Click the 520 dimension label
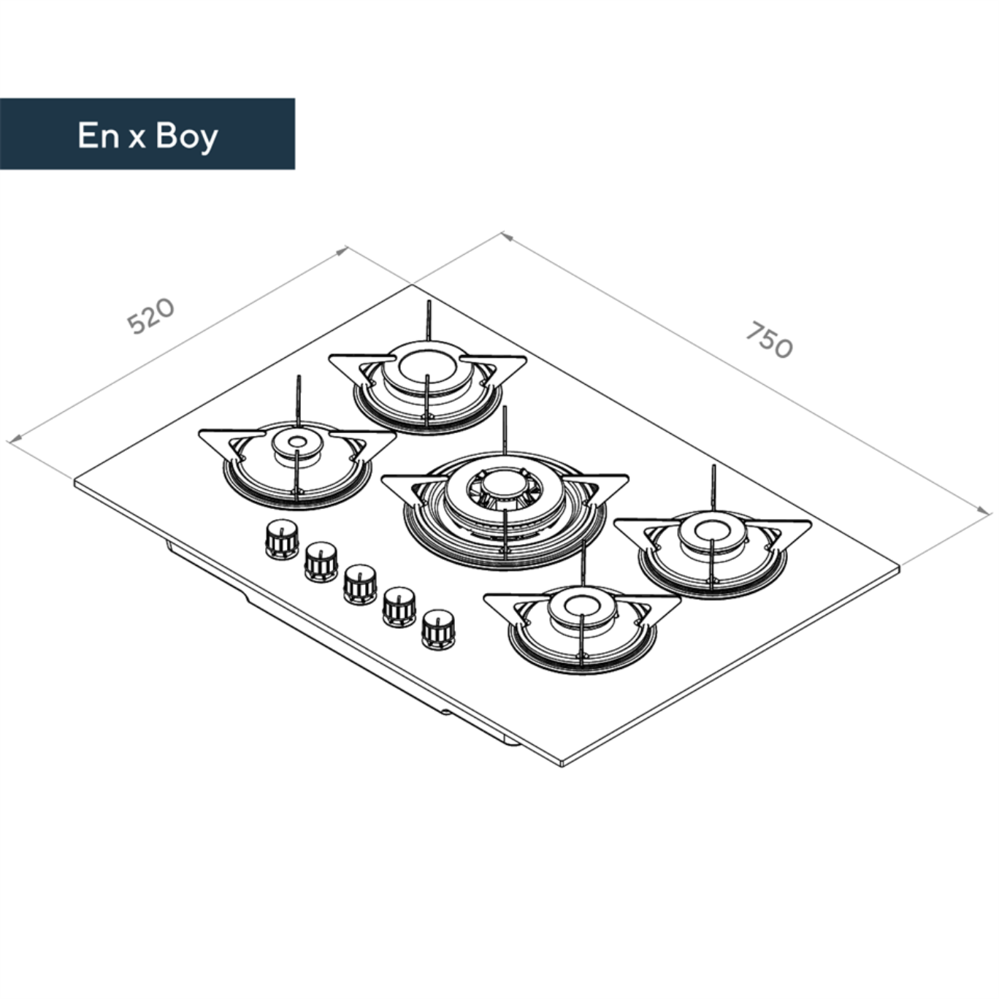[x=151, y=315]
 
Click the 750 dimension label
[x=770, y=340]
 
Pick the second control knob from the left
[x=321, y=562]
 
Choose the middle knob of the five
[x=360, y=585]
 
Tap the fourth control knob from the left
[x=399, y=607]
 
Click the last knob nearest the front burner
[x=439, y=630]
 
